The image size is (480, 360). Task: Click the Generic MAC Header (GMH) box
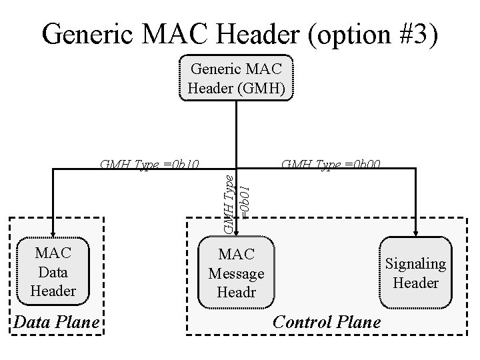[x=236, y=78]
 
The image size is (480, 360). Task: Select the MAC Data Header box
[x=53, y=271]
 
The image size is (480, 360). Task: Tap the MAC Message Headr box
[x=236, y=273]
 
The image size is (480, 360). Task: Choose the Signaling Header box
[x=415, y=273]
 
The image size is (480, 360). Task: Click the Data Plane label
[x=57, y=323]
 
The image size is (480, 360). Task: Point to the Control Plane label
[x=327, y=322]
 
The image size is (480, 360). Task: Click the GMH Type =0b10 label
[x=149, y=164]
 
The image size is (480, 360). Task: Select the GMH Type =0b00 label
[x=331, y=164]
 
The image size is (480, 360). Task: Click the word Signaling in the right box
[x=415, y=263]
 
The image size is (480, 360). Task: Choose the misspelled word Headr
[x=236, y=293]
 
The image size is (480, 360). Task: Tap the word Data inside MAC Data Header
[x=53, y=271]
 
